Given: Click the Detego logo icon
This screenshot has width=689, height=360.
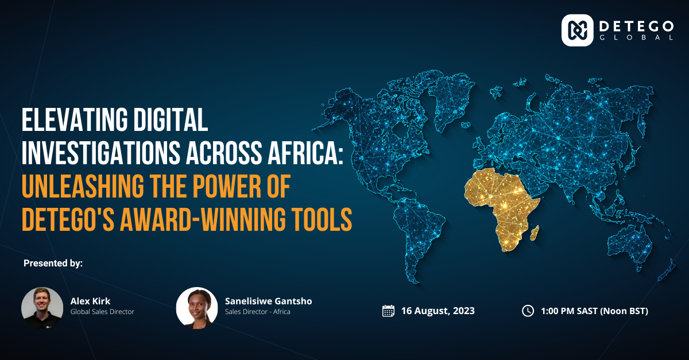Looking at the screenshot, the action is click(578, 30).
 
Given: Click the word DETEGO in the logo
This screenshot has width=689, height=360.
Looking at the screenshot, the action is click(636, 26).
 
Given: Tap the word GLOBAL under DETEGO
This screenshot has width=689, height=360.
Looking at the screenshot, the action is click(636, 37).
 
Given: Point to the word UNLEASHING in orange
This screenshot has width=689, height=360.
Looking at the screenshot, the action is click(83, 186).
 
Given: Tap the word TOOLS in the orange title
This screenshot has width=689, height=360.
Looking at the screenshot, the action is click(322, 219).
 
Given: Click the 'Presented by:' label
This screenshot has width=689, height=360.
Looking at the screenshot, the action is click(53, 263).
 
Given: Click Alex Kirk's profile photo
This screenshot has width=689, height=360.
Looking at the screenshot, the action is click(42, 308).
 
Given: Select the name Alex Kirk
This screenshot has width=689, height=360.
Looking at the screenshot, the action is click(91, 301).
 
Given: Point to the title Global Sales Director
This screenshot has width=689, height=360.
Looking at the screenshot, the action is click(102, 312).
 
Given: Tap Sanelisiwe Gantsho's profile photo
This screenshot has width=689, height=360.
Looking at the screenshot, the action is click(197, 308).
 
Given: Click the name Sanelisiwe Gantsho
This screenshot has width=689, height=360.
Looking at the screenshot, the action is click(269, 301).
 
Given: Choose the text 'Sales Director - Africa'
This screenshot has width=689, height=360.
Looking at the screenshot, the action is click(258, 312).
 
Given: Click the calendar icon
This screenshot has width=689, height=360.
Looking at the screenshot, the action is click(388, 311).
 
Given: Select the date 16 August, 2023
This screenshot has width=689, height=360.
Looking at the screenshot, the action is click(438, 311).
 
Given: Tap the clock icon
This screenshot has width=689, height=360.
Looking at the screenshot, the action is click(528, 311).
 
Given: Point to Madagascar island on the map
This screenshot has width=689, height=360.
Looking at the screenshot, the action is click(535, 233).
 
